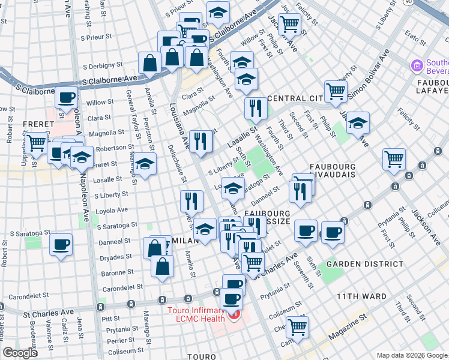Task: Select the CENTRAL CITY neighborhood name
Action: [x=297, y=98]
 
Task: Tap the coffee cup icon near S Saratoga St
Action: [x=61, y=244]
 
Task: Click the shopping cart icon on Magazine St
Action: [x=297, y=327]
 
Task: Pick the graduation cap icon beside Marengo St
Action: [x=145, y=163]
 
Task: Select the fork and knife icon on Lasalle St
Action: [x=256, y=109]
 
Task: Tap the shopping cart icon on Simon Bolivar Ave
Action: [x=336, y=91]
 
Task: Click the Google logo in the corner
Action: [x=20, y=353]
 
